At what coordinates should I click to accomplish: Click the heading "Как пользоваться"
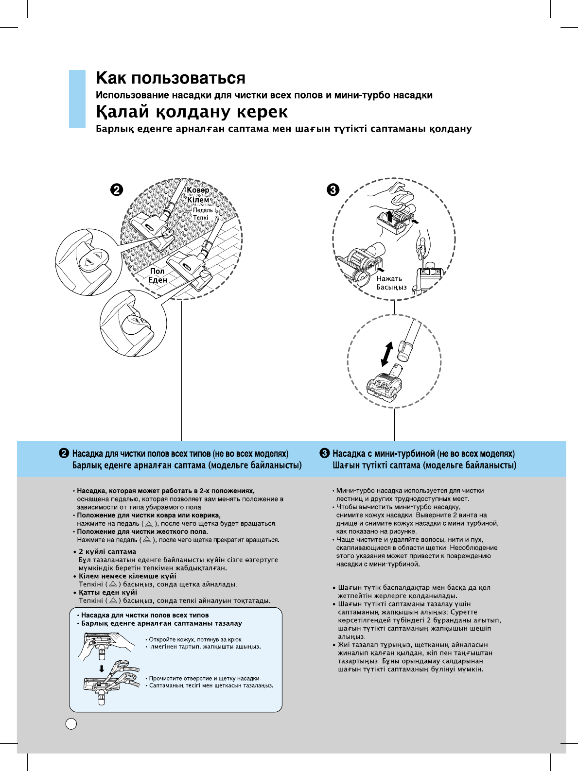tap(171, 78)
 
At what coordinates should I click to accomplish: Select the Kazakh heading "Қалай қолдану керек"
tap(192, 112)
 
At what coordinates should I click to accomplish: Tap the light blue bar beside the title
tap(77, 99)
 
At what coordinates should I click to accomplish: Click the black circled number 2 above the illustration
tap(116, 190)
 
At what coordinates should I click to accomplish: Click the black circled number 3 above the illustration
tap(333, 189)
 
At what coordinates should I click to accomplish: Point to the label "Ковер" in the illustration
tap(198, 190)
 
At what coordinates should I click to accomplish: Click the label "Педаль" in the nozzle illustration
tap(203, 210)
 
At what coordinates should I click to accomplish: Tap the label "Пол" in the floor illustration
tap(157, 271)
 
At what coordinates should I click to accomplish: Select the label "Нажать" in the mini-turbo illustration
tap(389, 279)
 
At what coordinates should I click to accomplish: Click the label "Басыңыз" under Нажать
tap(391, 287)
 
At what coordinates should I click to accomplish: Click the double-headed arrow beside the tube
tap(387, 354)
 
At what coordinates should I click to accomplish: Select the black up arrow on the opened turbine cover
tap(389, 216)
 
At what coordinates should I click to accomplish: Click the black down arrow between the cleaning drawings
tap(102, 668)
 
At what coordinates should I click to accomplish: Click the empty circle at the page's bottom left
tap(71, 723)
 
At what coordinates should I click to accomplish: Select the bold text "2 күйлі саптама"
tap(107, 552)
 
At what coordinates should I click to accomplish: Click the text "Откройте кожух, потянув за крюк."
tap(195, 639)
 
